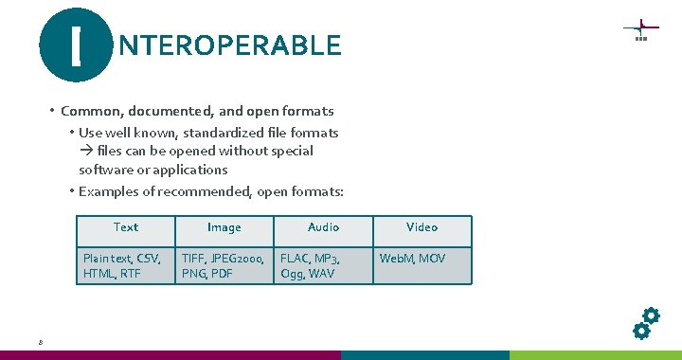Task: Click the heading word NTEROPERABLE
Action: [x=228, y=45]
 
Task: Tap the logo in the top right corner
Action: [x=640, y=30]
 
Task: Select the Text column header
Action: [x=125, y=227]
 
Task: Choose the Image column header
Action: [x=224, y=227]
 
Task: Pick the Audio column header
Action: [x=323, y=227]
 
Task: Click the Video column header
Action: [x=422, y=227]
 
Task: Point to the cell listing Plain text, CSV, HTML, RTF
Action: [x=125, y=265]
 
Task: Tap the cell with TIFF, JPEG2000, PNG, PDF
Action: [x=224, y=265]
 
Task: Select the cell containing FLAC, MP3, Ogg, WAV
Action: [x=323, y=265]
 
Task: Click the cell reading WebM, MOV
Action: [x=422, y=258]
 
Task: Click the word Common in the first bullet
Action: [x=87, y=112]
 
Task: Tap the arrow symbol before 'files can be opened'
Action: [x=85, y=152]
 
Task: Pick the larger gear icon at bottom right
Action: [x=651, y=315]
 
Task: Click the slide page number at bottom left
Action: [x=41, y=342]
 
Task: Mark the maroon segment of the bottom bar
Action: [x=170, y=355]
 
